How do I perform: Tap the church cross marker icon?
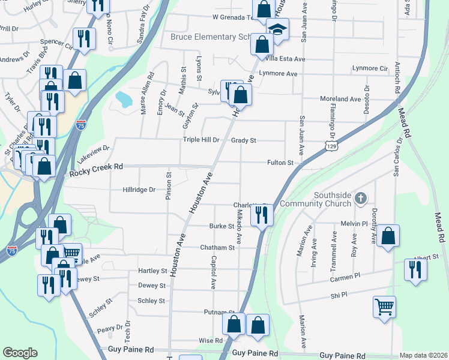click(x=360, y=198)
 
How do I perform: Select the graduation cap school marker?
click(x=277, y=30)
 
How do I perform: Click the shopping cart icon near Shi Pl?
click(x=384, y=308)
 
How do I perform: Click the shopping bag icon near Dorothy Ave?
click(x=388, y=236)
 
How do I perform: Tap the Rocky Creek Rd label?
click(x=96, y=172)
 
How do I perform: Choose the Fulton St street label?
click(x=280, y=163)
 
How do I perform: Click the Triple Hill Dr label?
click(x=201, y=140)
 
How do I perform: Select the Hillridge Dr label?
click(x=139, y=190)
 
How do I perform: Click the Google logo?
click(x=20, y=353)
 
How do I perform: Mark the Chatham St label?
click(x=217, y=247)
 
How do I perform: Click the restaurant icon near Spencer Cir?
click(x=83, y=40)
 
